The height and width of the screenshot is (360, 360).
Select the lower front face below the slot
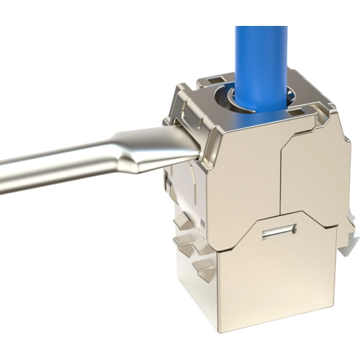[x=281, y=288]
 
